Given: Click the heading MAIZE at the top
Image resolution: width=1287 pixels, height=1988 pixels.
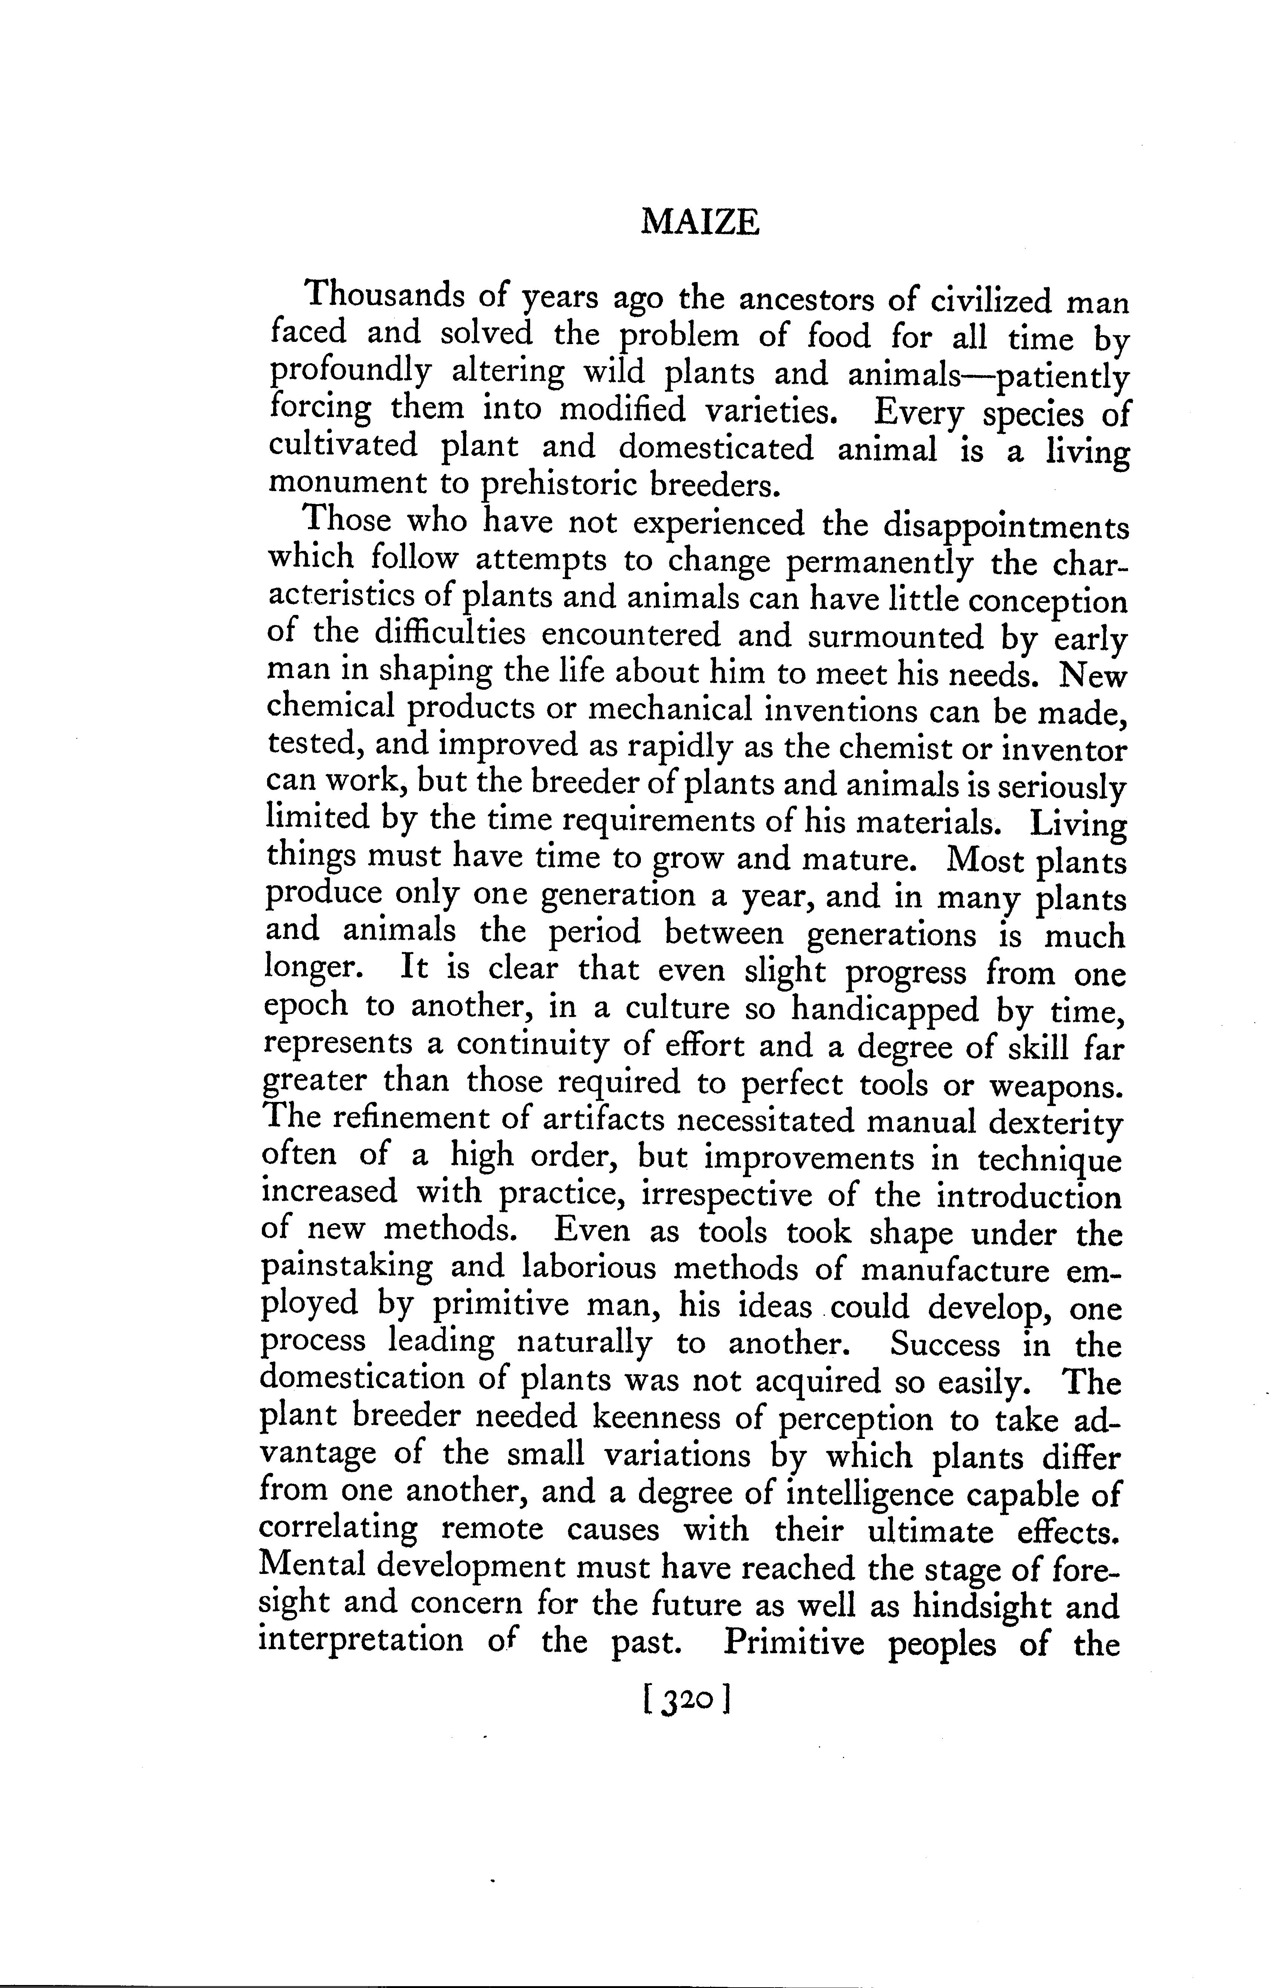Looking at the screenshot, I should coord(700,224).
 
